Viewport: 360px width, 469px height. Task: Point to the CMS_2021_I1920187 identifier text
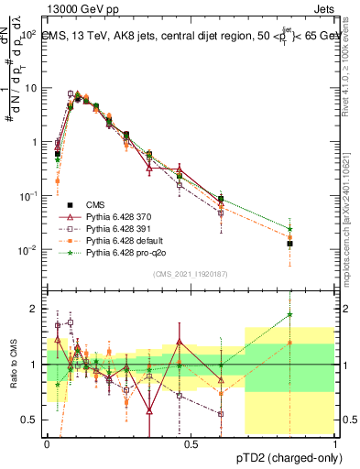[191, 275]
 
